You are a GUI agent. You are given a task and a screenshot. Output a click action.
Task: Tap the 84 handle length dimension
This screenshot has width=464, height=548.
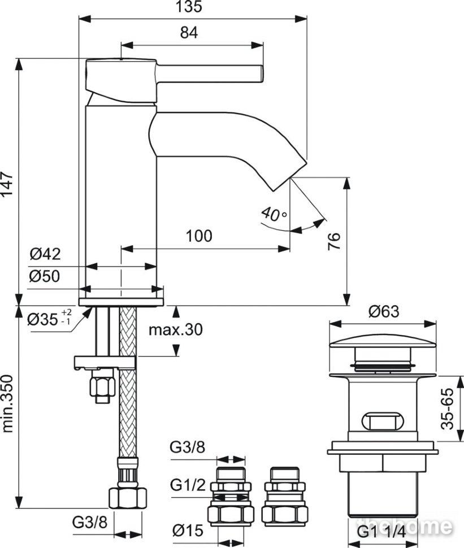tap(189, 33)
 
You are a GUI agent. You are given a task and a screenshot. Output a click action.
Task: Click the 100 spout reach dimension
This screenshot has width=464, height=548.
tap(198, 236)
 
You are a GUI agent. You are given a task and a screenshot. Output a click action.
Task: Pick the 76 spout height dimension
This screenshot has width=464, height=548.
tap(334, 241)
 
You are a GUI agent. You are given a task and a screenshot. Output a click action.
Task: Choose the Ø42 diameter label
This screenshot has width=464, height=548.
tap(45, 254)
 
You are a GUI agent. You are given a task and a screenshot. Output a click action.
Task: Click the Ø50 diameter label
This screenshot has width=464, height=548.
tap(45, 276)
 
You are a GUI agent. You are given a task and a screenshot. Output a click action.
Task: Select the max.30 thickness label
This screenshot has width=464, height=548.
tap(176, 329)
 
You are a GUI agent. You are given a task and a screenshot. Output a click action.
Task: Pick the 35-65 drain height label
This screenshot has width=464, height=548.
tap(447, 408)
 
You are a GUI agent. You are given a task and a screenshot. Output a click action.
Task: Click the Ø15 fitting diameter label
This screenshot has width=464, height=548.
tap(188, 530)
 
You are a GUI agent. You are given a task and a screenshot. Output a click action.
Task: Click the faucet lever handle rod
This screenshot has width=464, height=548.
tap(210, 74)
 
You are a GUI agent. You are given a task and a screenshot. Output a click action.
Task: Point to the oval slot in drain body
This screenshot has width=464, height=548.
tap(383, 421)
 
